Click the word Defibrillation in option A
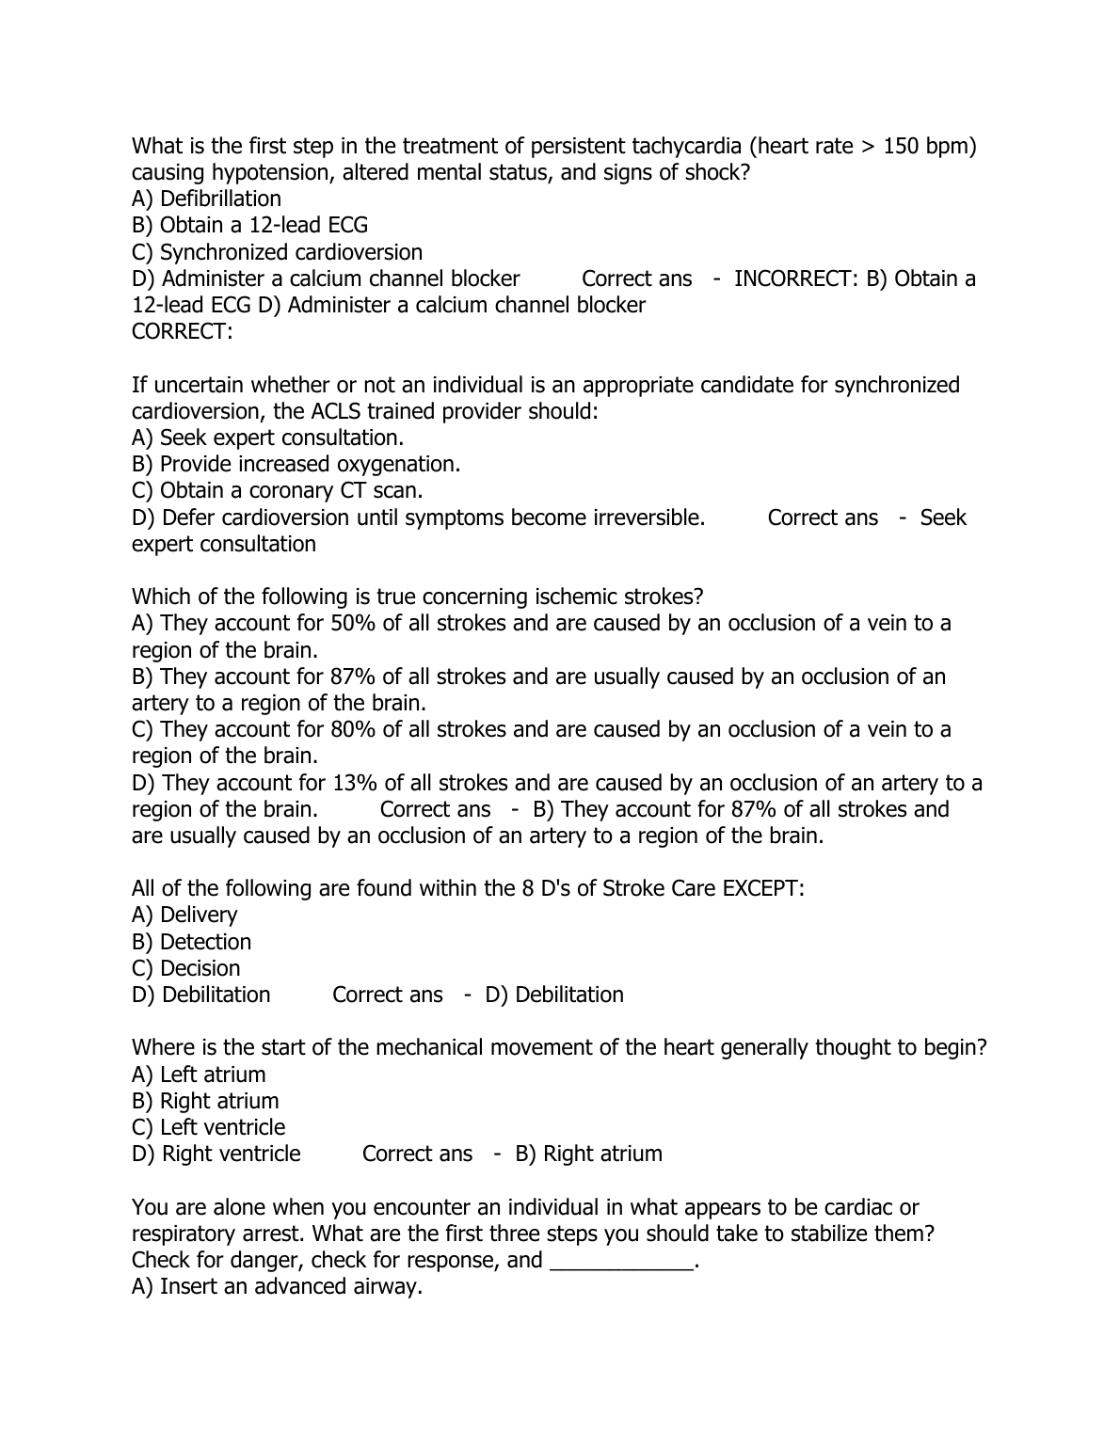coord(220,199)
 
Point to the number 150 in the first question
coord(903,146)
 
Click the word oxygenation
coord(400,464)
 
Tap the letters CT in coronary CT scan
coord(354,490)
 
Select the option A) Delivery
coord(184,915)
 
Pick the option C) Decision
coord(186,968)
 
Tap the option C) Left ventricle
coord(208,1127)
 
